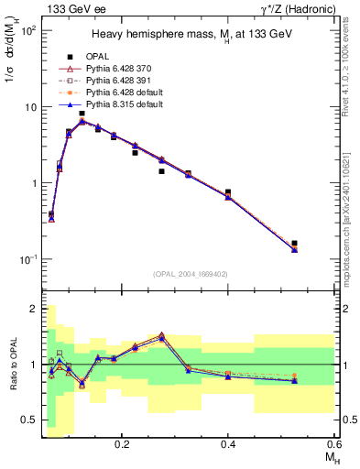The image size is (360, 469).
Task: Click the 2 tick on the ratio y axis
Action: pos(32,309)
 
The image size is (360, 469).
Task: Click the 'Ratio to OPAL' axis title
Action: pos(12,365)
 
